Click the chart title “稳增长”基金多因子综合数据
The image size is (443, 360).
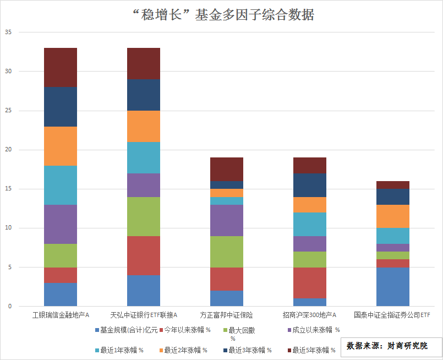coord(223,15)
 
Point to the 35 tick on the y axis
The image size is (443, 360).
coord(8,32)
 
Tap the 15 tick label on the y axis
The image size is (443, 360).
coord(8,189)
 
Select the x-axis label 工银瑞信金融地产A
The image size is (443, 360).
coord(61,315)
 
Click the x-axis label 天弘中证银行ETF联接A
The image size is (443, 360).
coord(144,315)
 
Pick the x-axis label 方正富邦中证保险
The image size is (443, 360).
coord(226,315)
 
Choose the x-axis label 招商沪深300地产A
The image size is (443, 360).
coord(310,315)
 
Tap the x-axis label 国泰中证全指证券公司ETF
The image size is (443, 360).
coord(392,315)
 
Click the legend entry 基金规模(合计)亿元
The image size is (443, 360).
coord(126,330)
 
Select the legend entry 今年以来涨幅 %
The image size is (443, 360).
coord(185,330)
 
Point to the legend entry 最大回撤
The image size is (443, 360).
coord(239,330)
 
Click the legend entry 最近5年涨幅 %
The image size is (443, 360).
coord(311,351)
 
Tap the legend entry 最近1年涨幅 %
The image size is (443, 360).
coord(119,351)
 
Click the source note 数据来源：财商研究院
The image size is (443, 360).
coord(387,346)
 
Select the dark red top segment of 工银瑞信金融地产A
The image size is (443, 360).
coord(61,68)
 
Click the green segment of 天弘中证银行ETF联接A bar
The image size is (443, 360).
coord(144,216)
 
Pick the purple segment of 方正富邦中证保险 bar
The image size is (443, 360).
coord(227,220)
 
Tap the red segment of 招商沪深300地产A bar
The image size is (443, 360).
coord(310,283)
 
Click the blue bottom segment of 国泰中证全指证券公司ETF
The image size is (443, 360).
coord(393,287)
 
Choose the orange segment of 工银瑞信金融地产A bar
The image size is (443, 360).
coord(61,146)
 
